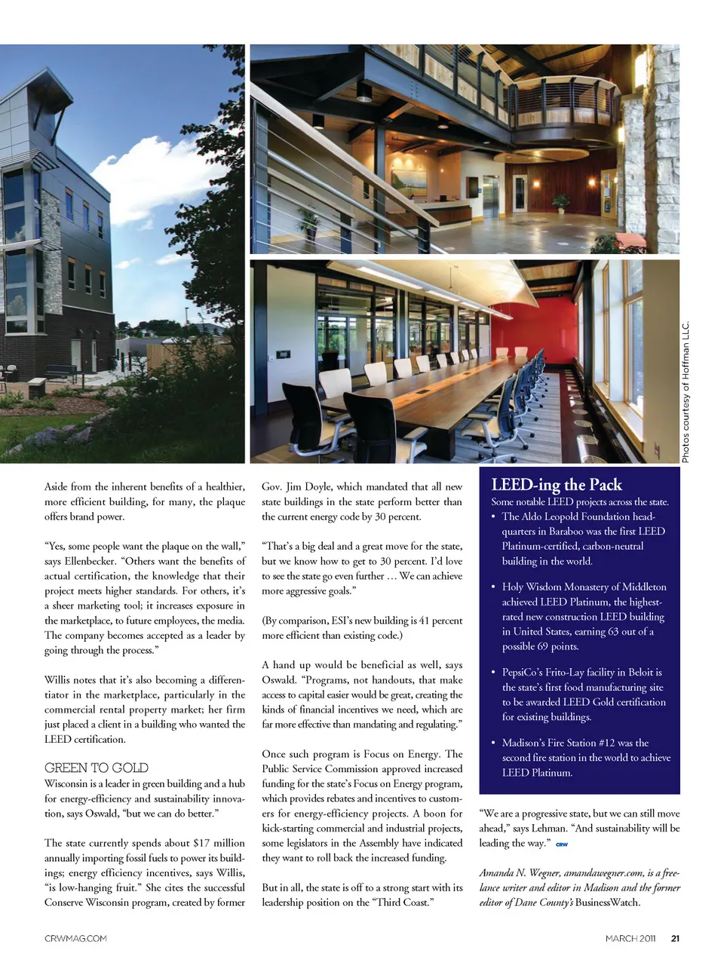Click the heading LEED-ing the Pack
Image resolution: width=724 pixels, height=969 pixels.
tap(557, 485)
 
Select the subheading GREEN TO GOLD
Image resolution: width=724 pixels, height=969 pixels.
tap(97, 768)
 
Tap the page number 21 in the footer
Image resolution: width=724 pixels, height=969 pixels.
tap(675, 939)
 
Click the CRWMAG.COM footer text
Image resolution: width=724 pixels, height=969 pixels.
tap(75, 939)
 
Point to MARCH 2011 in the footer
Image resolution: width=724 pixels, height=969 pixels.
tap(630, 939)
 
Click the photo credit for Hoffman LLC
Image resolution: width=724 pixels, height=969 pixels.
tap(686, 392)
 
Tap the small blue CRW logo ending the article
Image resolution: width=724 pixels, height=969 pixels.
tap(561, 845)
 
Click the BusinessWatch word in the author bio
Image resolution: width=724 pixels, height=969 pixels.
tap(607, 903)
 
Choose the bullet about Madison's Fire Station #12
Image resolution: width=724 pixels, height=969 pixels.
tap(581, 757)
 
